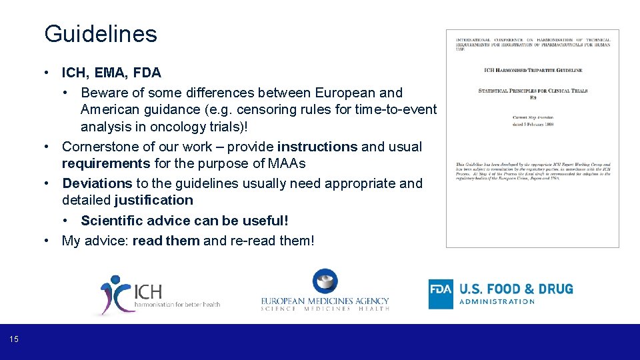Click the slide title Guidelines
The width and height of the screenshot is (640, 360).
coord(100,34)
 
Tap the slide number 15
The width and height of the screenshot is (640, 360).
coord(15,340)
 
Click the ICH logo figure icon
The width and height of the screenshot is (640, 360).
coord(115,294)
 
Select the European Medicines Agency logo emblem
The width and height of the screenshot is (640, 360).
coord(325,281)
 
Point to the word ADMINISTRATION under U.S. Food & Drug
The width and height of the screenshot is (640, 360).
coord(497,302)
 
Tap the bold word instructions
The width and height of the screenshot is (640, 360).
coord(317,147)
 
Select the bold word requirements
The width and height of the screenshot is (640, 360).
coord(106,163)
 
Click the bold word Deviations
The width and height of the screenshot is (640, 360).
coord(97,183)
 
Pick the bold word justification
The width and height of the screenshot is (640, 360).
coord(153,200)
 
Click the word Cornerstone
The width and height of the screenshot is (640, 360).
coord(99,147)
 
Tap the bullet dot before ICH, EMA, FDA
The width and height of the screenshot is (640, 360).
coord(50,72)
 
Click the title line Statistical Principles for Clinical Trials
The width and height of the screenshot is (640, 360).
coord(533,90)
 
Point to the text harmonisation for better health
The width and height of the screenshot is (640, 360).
coord(177,305)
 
